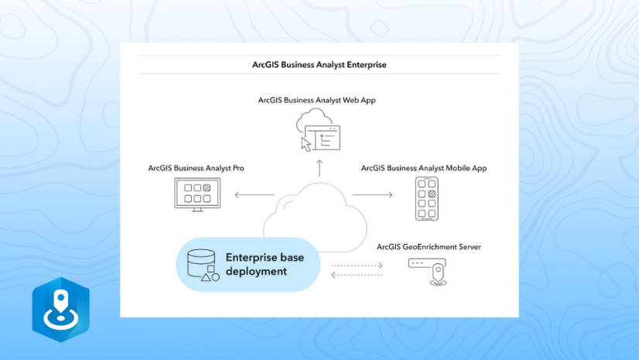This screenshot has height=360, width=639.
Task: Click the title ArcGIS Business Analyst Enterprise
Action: [x=319, y=65]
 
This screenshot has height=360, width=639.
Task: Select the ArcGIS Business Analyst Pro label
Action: [x=196, y=168]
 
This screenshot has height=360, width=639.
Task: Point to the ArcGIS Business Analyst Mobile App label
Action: [x=423, y=168]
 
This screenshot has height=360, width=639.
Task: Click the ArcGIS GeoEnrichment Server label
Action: [x=429, y=247]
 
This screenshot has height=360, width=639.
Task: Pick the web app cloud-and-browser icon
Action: [x=317, y=131]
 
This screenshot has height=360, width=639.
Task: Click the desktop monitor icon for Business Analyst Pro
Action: [x=198, y=194]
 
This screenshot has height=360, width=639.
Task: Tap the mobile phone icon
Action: [x=426, y=198]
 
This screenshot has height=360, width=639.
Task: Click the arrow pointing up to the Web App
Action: [x=318, y=167]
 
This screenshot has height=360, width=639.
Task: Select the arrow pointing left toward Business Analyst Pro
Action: [x=255, y=195]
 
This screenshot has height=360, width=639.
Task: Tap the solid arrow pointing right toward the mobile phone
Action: [x=372, y=195]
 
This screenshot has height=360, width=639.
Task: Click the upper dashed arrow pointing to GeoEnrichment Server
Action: [x=357, y=266]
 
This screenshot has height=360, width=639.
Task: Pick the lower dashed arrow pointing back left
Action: [x=357, y=275]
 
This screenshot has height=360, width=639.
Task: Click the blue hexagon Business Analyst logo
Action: [x=60, y=309]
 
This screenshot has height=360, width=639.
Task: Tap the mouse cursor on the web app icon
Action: [x=306, y=144]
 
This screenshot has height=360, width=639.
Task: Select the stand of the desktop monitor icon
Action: [x=198, y=208]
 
